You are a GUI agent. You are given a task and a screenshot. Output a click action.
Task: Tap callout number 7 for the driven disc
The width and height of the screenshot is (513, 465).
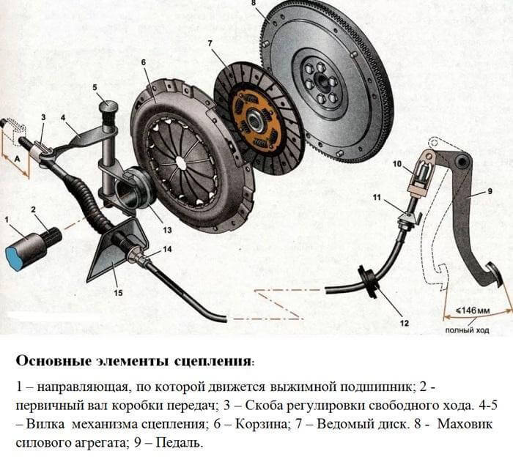click(210, 43)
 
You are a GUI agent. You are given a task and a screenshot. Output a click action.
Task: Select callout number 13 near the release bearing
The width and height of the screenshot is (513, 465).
click(167, 230)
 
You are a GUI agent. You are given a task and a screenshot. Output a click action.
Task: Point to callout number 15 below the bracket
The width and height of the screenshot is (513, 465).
click(118, 292)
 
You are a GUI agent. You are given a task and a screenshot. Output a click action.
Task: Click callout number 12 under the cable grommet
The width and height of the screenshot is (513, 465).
click(405, 323)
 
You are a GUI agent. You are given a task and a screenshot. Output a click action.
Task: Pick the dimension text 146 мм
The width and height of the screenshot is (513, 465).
click(473, 310)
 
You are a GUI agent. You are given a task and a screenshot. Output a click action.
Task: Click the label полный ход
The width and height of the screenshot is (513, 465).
click(468, 330)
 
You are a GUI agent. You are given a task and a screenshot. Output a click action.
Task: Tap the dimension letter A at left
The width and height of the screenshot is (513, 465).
click(18, 159)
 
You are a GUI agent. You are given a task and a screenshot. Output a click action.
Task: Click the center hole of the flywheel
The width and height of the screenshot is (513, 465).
click(321, 81)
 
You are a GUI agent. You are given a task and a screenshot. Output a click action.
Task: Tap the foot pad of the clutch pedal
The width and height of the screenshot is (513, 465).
click(492, 275)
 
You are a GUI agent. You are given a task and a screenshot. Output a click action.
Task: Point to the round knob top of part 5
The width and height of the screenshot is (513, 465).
click(108, 106)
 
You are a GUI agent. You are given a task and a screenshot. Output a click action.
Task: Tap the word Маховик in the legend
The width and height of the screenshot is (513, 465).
click(465, 424)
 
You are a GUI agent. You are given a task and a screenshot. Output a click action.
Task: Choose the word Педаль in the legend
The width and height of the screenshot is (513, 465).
click(177, 444)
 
